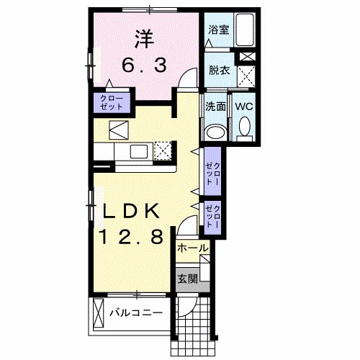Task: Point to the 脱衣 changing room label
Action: point(218,71)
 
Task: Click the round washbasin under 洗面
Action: point(215,132)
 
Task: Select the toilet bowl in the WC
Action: point(243,130)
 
